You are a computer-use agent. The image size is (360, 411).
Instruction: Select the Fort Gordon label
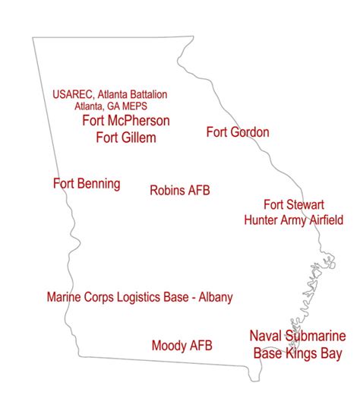point(238,132)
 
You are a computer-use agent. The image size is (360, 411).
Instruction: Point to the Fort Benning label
point(87,184)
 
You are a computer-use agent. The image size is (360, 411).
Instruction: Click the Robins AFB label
point(179,190)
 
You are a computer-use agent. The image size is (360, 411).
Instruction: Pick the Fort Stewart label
point(294,205)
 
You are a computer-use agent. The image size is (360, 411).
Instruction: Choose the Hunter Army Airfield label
point(294,220)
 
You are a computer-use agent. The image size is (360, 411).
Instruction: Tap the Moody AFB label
point(182,346)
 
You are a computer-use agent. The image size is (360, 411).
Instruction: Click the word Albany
point(213,297)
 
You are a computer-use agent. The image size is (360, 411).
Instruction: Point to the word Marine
point(65,297)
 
